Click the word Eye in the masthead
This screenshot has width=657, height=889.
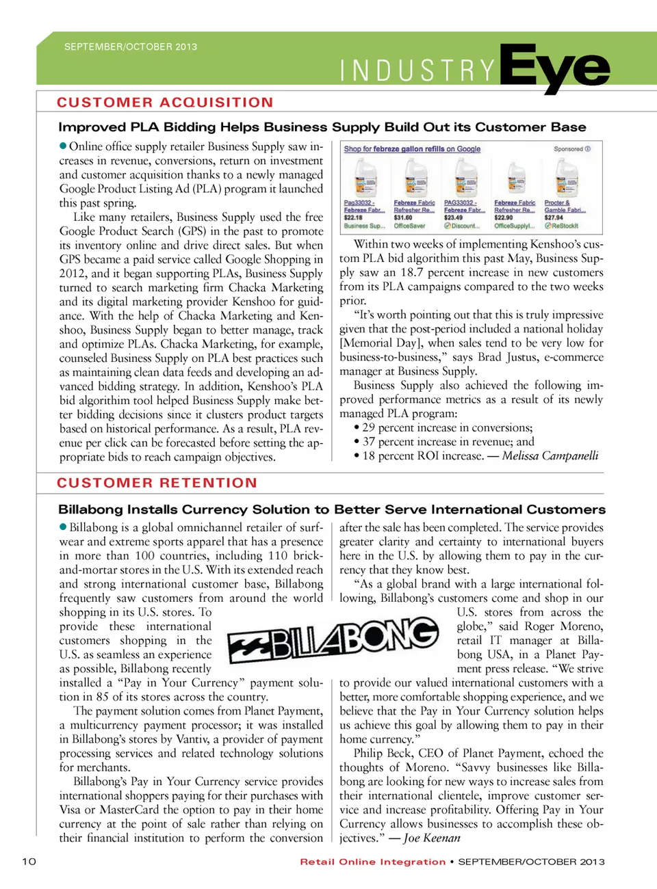click(x=554, y=68)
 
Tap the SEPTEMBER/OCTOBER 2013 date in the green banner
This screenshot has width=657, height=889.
click(x=131, y=47)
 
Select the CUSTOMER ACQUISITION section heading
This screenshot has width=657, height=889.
click(x=165, y=103)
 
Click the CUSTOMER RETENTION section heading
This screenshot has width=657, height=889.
click(x=157, y=483)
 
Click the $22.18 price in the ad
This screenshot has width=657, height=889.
click(x=353, y=217)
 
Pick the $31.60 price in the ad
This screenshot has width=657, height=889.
click(x=403, y=217)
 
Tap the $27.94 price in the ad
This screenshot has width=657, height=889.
click(x=554, y=217)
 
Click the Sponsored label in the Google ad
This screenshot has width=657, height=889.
click(x=569, y=149)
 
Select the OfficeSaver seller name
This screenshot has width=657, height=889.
click(x=409, y=226)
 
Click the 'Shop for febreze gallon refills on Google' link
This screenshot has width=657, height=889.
click(x=412, y=149)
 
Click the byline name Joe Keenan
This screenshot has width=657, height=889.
click(x=432, y=838)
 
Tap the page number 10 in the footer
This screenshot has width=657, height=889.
click(x=29, y=861)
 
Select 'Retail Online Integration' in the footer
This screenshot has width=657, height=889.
click(x=372, y=862)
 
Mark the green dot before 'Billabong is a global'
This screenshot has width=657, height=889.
click(x=63, y=527)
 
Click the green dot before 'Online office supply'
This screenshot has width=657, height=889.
click(x=63, y=146)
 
